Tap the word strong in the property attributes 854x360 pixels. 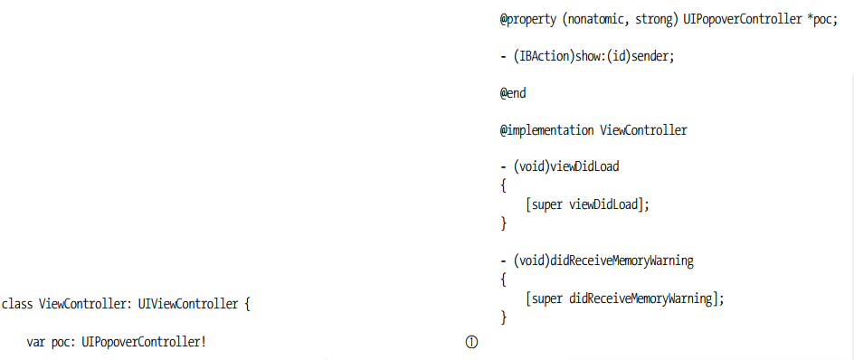pos(652,21)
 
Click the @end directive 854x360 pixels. pos(514,93)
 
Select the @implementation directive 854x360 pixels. pos(546,130)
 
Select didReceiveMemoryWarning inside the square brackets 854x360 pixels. pos(640,298)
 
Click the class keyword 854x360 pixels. pos(17,304)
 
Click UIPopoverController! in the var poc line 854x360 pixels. pos(144,343)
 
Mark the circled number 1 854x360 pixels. pos(471,342)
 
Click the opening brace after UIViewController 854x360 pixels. pos(247,304)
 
